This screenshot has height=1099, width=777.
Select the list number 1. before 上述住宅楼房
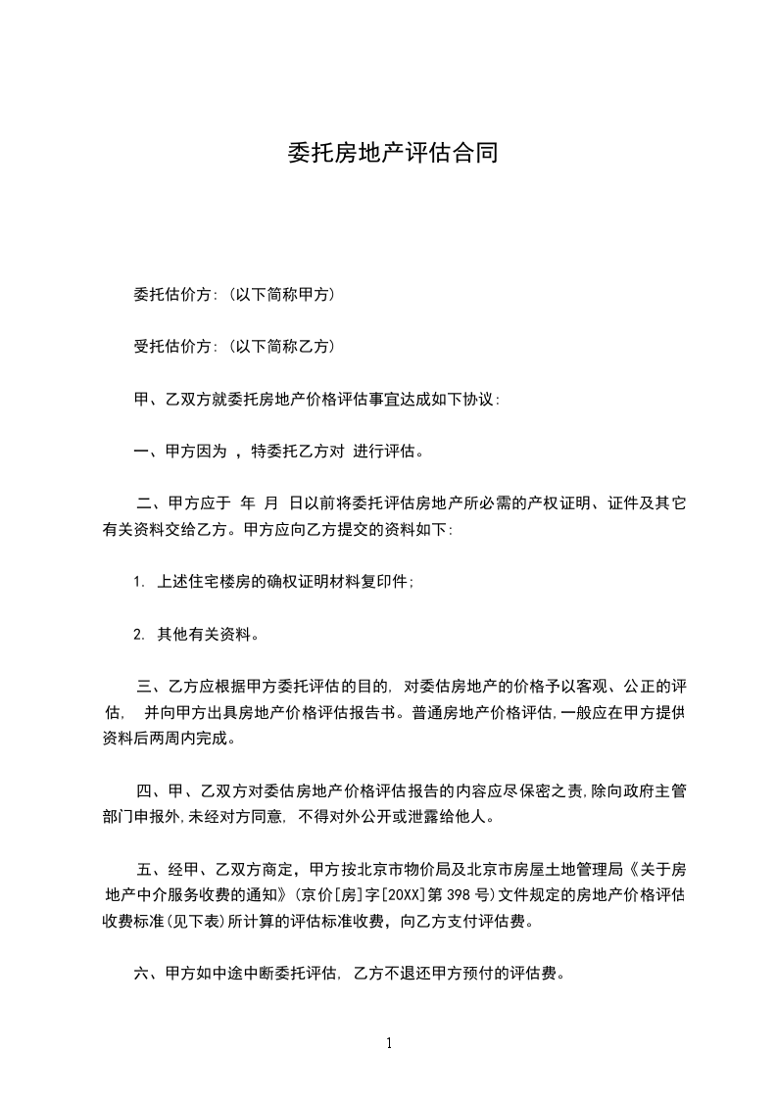[x=139, y=582]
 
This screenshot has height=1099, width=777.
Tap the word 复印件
[x=387, y=582]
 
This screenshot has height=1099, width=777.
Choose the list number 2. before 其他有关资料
[x=139, y=634]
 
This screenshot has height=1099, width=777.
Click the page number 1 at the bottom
[x=389, y=1043]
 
